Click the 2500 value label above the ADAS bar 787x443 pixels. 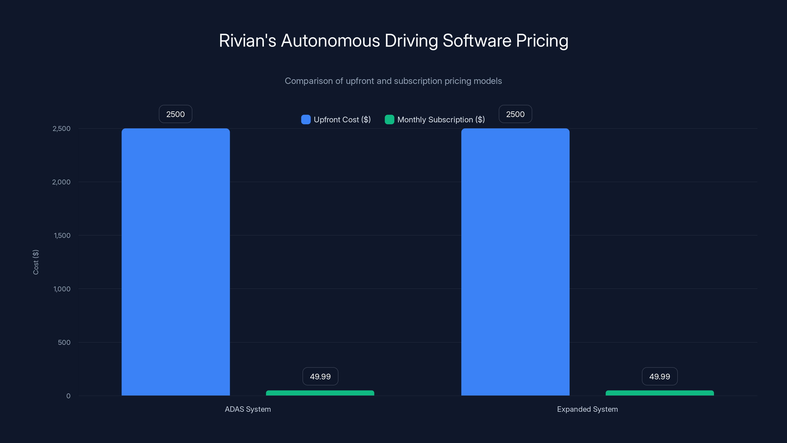[175, 114]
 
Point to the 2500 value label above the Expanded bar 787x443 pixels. [515, 114]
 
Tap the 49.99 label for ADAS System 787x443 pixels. [320, 376]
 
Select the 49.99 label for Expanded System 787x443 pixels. [660, 376]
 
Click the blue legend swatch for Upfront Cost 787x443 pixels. [306, 120]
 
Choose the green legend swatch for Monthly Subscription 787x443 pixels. [389, 120]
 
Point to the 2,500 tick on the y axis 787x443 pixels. [61, 129]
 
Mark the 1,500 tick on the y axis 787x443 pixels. [62, 236]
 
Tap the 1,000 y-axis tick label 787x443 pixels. [62, 289]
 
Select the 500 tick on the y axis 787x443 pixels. [64, 342]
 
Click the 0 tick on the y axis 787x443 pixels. [68, 396]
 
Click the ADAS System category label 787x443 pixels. [248, 409]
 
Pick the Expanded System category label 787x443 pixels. [587, 409]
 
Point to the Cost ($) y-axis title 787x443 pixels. [36, 262]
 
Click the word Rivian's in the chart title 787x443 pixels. [247, 41]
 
